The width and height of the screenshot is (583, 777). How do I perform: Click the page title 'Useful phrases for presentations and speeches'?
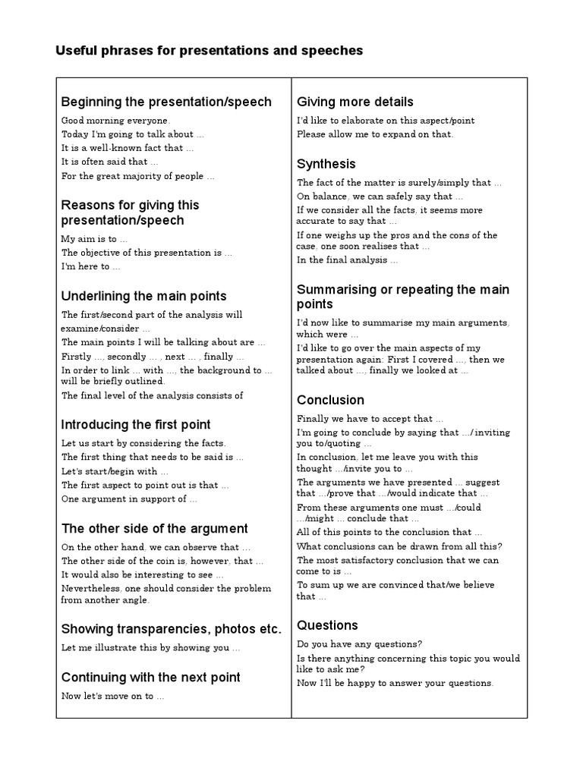209,51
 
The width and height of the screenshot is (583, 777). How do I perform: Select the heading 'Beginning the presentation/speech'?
165,102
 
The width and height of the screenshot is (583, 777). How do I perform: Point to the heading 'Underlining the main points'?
143,296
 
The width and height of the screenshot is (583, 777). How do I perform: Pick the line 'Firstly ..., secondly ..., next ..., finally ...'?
153,357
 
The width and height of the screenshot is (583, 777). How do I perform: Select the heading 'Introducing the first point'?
136,424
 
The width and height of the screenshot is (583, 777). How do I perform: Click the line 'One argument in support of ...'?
129,499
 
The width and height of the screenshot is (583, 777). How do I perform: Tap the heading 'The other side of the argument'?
154,528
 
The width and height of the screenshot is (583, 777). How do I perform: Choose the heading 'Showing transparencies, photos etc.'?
171,629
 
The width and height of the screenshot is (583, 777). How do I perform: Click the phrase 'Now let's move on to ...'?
112,696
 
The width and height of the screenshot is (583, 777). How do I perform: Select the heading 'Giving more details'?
355,102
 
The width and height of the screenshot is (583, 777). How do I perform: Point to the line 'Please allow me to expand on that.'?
375,134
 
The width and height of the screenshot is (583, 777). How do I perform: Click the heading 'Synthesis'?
326,164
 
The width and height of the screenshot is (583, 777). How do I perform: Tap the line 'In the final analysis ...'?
347,260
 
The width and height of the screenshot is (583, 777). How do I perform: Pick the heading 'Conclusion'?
330,400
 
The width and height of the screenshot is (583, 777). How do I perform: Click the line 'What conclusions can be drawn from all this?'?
399,546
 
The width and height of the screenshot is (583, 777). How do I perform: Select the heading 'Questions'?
327,625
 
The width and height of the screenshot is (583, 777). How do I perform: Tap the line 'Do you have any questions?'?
360,644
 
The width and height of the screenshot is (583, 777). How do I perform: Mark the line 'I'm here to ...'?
90,267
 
